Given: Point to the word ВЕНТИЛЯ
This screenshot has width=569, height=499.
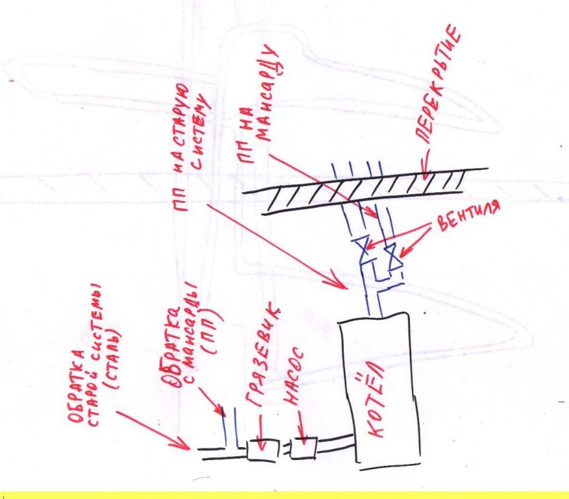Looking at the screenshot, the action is [468, 216].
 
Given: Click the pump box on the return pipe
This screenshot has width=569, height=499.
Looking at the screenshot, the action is [304, 448].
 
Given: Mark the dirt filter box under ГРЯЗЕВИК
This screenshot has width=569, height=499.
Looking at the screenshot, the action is [262, 450].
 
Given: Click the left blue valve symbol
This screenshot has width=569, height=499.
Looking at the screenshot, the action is [363, 249].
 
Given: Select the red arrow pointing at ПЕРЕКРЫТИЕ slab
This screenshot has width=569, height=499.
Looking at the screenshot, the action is [425, 163].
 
